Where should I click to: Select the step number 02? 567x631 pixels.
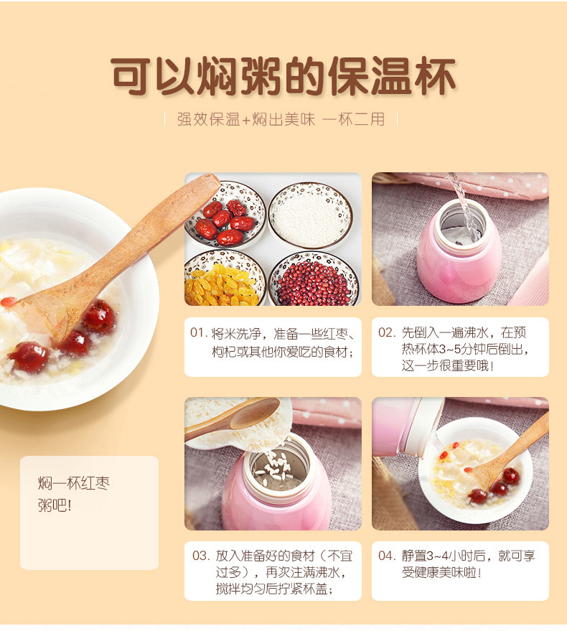point(387,333)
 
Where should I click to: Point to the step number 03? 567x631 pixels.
point(200,556)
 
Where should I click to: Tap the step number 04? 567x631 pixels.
point(387,556)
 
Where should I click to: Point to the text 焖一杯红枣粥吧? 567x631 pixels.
point(74,494)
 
